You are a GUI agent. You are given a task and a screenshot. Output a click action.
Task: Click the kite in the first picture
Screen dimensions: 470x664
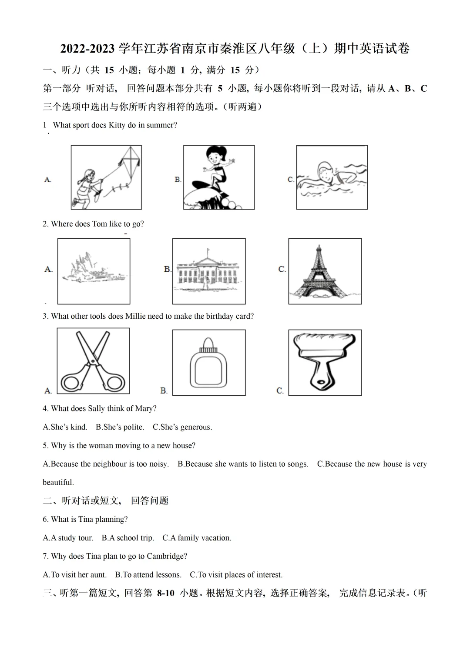(129, 163)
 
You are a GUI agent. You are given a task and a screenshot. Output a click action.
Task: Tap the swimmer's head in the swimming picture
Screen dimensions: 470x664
(325, 171)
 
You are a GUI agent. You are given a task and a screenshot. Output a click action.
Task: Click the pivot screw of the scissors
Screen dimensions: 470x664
(93, 361)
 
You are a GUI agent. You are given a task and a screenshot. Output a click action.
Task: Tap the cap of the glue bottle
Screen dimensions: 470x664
(208, 345)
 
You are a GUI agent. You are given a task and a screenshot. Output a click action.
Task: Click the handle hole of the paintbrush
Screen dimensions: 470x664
(321, 381)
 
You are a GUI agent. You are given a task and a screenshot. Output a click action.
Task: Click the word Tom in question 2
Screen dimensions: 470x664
(99, 224)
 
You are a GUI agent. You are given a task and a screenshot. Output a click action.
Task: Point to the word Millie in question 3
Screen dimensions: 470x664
(135, 316)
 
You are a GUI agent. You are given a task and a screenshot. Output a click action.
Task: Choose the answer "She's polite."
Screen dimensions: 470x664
(120, 427)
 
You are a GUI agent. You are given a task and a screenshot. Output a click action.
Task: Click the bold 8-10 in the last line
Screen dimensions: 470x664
(165, 593)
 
